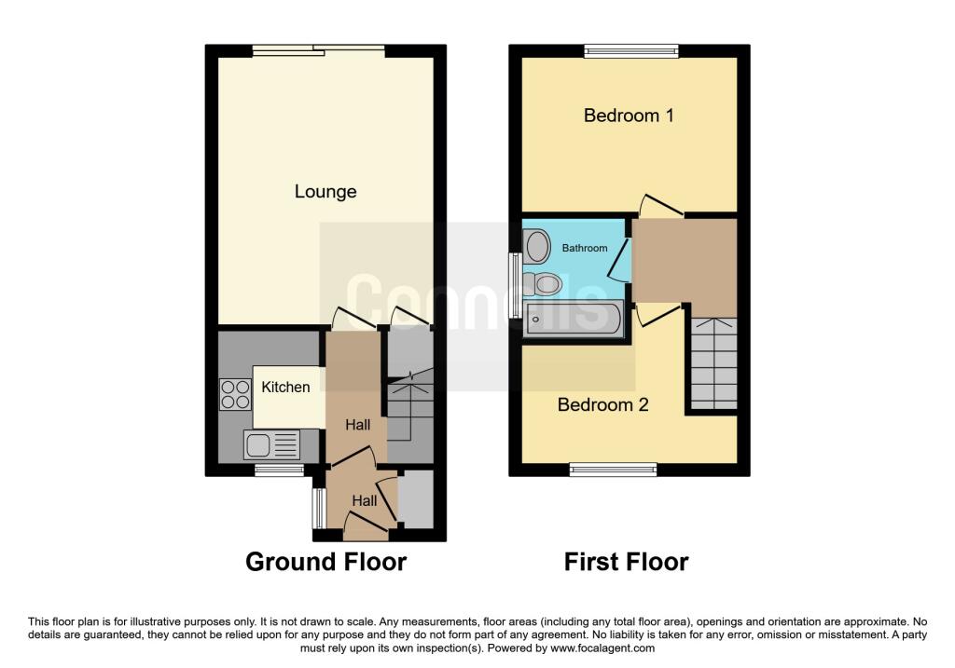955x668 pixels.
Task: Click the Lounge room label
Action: tap(325, 192)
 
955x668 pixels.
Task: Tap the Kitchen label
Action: tap(285, 387)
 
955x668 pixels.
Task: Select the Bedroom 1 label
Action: tap(629, 115)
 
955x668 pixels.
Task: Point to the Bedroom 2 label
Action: tap(603, 404)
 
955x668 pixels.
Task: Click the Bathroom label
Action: tap(585, 248)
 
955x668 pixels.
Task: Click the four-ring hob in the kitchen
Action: tap(235, 394)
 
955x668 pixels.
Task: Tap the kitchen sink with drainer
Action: tap(271, 444)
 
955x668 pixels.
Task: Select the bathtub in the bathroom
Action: tap(574, 319)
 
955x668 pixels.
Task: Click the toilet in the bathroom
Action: tap(542, 283)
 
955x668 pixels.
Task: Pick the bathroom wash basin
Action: tap(537, 246)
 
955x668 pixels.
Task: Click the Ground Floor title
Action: tap(325, 562)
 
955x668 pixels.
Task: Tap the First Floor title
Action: tap(626, 562)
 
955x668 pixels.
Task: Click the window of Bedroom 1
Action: tap(631, 51)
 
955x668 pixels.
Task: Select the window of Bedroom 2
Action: tap(614, 469)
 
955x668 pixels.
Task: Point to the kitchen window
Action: tap(279, 469)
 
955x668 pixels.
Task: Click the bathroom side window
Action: tap(515, 285)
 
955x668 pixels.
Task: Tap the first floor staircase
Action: tap(713, 363)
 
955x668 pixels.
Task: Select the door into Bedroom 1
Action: tap(660, 205)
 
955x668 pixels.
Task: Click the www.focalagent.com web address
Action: tap(602, 648)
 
